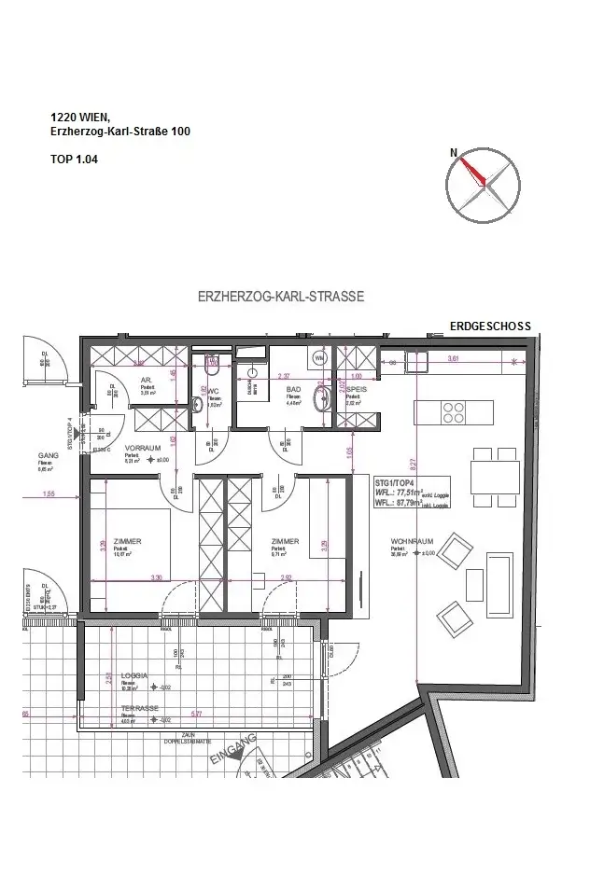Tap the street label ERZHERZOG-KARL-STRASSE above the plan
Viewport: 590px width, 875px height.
281,297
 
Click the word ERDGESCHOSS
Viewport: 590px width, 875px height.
490,326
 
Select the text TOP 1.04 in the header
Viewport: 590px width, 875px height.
74,160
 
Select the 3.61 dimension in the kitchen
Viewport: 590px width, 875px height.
455,359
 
